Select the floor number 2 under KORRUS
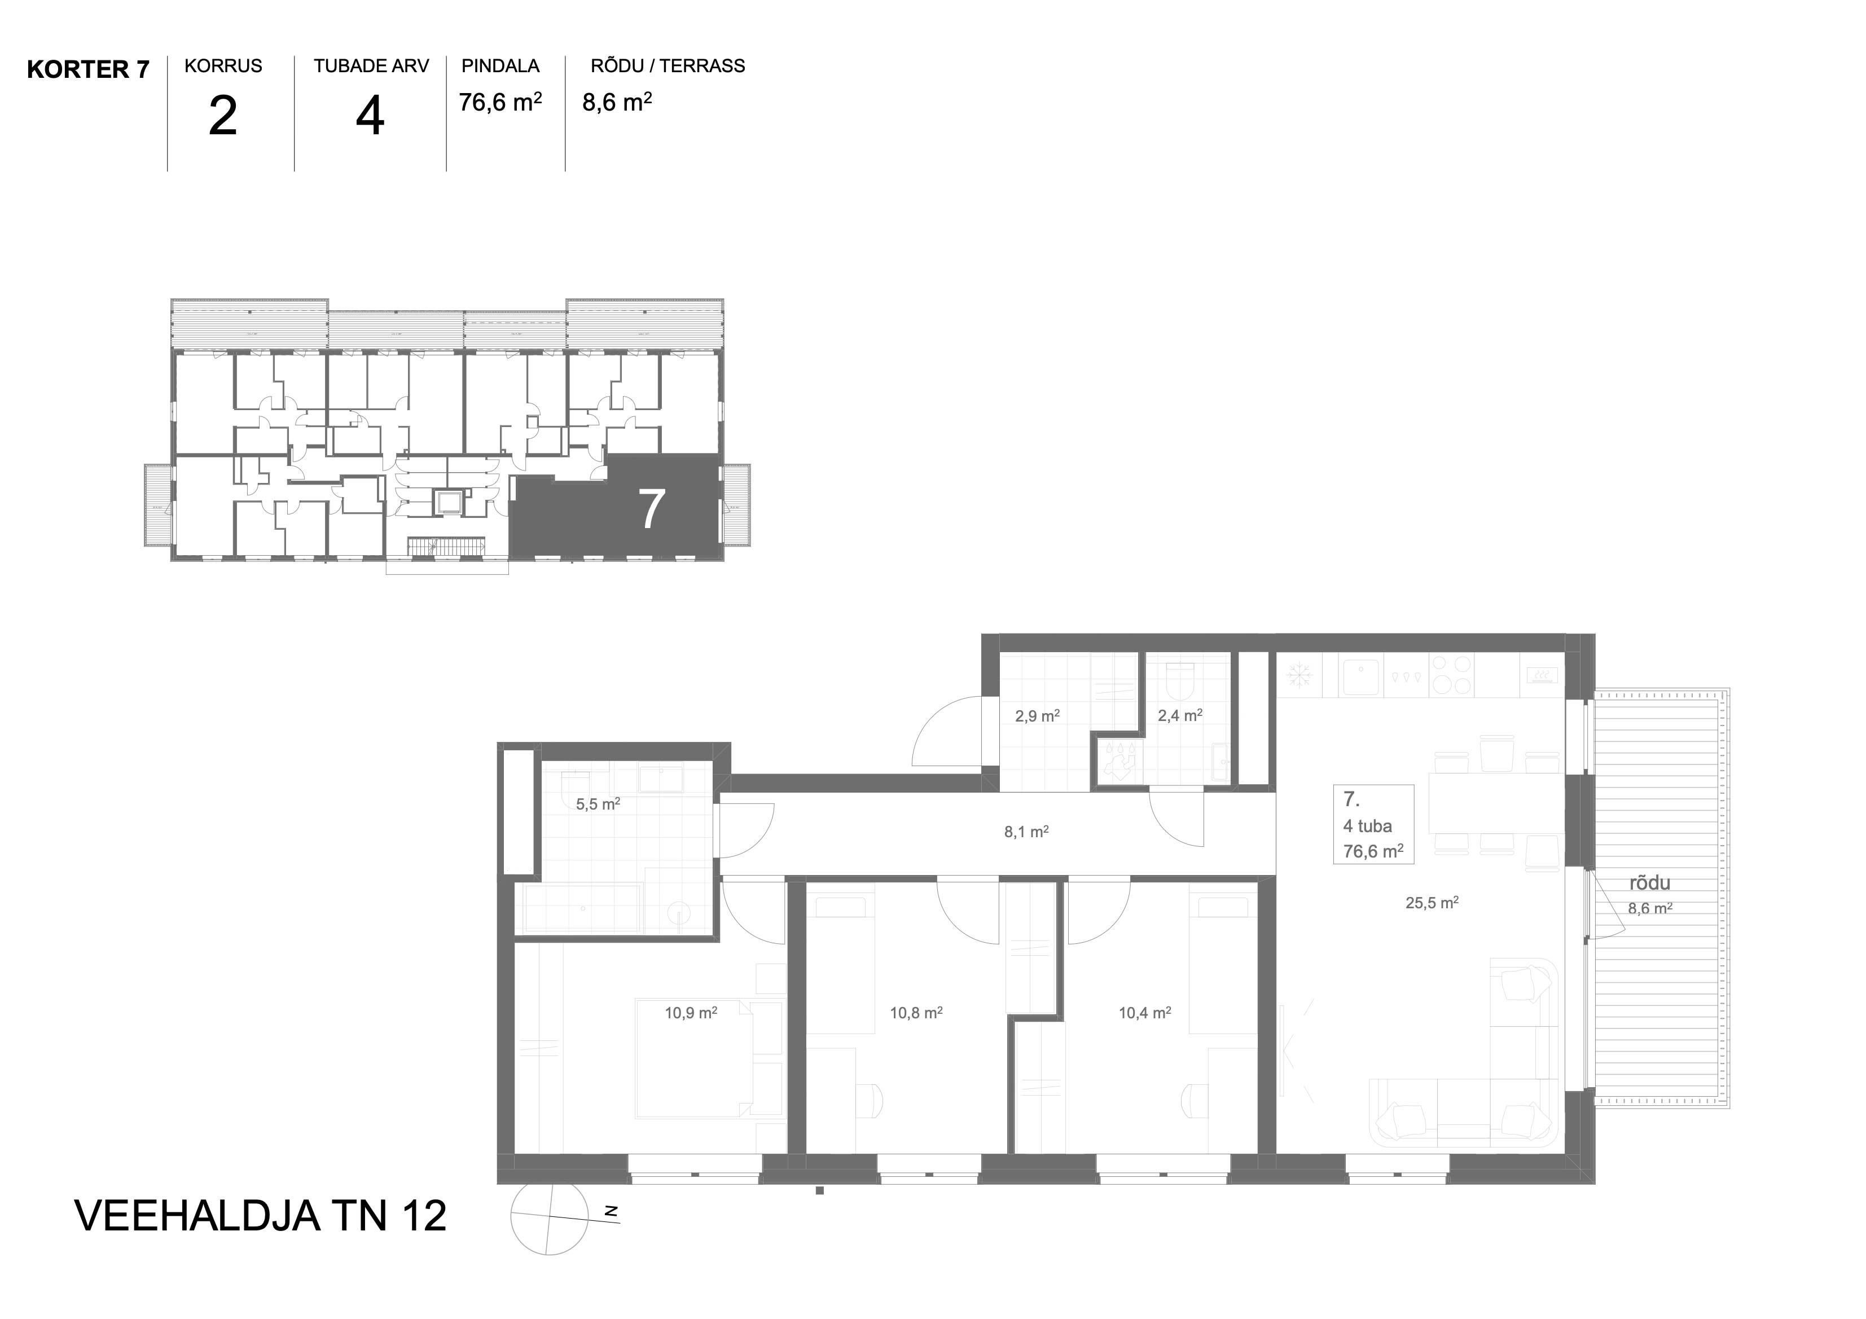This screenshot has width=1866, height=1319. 223,116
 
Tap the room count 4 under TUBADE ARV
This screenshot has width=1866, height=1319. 370,116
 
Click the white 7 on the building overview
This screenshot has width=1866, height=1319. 652,509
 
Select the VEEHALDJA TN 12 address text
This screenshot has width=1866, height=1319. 260,1216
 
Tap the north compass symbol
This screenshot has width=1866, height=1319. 550,1216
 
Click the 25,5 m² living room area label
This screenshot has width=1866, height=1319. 1432,902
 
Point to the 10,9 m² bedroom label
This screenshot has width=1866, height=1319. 691,1013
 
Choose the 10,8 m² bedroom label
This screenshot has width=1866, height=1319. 916,1013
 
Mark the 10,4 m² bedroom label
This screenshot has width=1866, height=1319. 1145,1013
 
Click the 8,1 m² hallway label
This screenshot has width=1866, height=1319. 1026,832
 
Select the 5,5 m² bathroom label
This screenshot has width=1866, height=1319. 598,804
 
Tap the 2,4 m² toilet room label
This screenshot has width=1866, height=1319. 1180,715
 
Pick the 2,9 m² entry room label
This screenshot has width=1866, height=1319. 1037,716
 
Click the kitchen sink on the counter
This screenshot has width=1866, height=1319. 1360,677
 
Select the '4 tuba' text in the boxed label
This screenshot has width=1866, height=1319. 1368,826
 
